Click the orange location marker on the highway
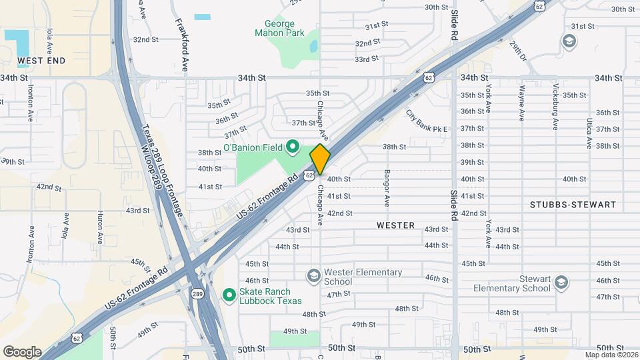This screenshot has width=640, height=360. pos(320,159)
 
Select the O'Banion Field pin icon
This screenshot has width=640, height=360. pos(291,147)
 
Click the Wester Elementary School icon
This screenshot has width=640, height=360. pos(313,276)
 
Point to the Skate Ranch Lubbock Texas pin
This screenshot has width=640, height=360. pos(229,293)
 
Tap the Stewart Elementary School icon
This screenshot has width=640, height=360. pos(561,283)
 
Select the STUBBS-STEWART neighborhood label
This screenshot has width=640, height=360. pos(573,205)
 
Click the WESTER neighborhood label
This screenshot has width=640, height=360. pos(396,225)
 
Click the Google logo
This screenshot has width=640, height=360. pos(22,351)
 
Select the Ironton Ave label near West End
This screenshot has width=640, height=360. pos(31,107)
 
